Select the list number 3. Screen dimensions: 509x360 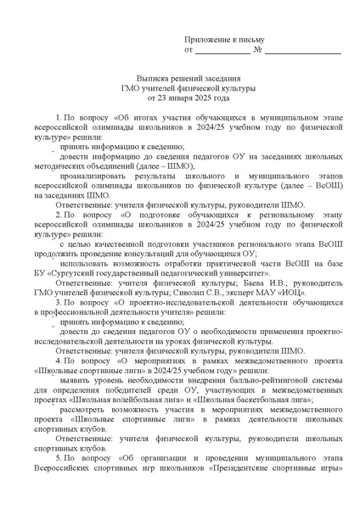coord(58,300)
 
